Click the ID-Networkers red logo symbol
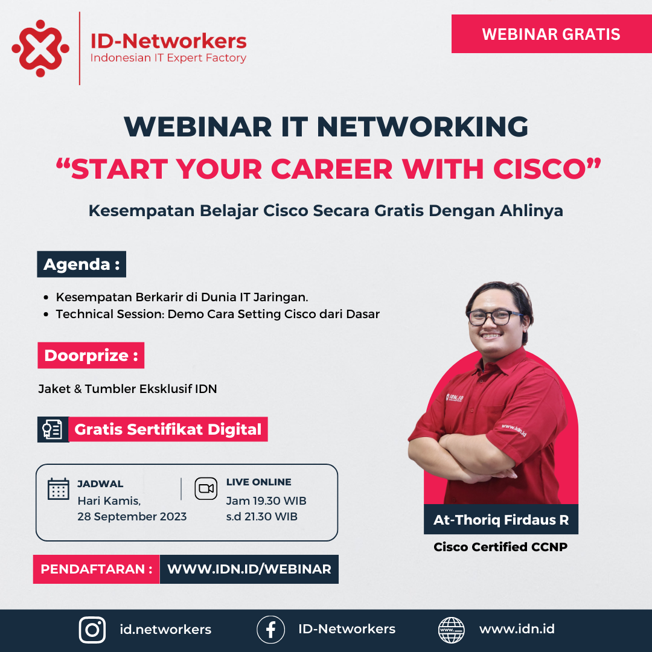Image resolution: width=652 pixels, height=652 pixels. pyautogui.click(x=40, y=48)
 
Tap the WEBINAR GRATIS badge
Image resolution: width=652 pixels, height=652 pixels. pyautogui.click(x=551, y=34)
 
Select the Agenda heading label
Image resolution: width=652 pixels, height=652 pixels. pyautogui.click(x=81, y=264)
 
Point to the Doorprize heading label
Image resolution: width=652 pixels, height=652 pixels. pyautogui.click(x=91, y=356)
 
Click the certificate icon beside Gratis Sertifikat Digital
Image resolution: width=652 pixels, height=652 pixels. pyautogui.click(x=53, y=429)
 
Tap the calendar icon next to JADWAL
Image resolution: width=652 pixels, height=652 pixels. pyautogui.click(x=59, y=488)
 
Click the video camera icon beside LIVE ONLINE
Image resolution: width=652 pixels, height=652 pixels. pyautogui.click(x=206, y=488)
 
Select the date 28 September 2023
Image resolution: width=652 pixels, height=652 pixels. pyautogui.click(x=132, y=517)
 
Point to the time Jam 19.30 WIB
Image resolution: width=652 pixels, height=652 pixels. pyautogui.click(x=266, y=501)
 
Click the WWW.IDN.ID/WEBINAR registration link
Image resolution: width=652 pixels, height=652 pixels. pyautogui.click(x=249, y=569)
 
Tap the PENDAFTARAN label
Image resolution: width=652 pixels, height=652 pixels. pyautogui.click(x=96, y=569)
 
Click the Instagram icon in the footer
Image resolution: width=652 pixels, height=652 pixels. pyautogui.click(x=92, y=630)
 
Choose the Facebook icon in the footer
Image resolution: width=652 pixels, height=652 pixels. pyautogui.click(x=270, y=630)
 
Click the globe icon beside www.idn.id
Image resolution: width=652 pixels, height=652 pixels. pyautogui.click(x=452, y=630)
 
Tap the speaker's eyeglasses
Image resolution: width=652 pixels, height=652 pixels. pyautogui.click(x=494, y=317)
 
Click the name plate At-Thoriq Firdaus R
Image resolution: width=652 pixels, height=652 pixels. pyautogui.click(x=501, y=520)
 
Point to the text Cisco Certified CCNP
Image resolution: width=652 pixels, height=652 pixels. pyautogui.click(x=500, y=548)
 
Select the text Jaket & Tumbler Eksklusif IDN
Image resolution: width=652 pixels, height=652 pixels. pyautogui.click(x=127, y=389)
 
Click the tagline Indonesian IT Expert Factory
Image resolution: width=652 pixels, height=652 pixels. pyautogui.click(x=168, y=59)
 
